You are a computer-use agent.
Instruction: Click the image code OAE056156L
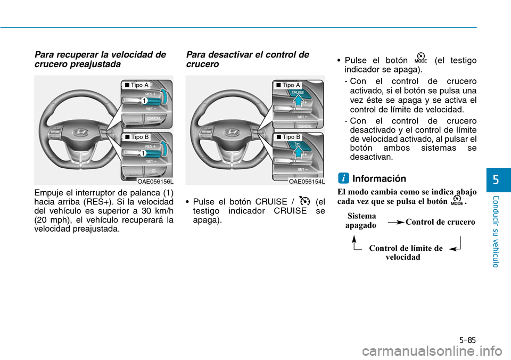pyautogui.click(x=155, y=182)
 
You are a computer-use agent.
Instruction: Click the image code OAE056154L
pyautogui.click(x=307, y=182)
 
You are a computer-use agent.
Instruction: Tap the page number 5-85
pyautogui.click(x=468, y=340)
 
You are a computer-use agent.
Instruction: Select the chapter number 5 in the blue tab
pyautogui.click(x=496, y=179)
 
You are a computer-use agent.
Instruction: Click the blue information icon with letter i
pyautogui.click(x=343, y=178)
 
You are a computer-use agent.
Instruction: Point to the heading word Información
pyautogui.click(x=379, y=178)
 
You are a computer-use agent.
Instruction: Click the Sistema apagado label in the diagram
pyautogui.click(x=361, y=220)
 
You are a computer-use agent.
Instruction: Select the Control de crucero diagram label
pyautogui.click(x=440, y=222)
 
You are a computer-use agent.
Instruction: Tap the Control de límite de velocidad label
pyautogui.click(x=406, y=253)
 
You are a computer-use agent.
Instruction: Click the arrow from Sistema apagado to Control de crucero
pyautogui.click(x=396, y=223)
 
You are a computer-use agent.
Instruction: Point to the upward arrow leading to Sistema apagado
pyautogui.click(x=355, y=243)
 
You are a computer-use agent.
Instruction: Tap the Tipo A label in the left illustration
pyautogui.click(x=137, y=85)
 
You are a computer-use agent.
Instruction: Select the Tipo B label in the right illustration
pyautogui.click(x=288, y=137)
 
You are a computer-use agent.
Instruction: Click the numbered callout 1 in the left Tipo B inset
pyautogui.click(x=143, y=153)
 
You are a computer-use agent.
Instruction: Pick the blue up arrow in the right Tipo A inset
pyautogui.click(x=298, y=101)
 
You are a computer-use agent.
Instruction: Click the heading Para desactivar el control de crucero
pyautogui.click(x=248, y=59)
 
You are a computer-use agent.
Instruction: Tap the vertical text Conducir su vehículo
pyautogui.click(x=496, y=232)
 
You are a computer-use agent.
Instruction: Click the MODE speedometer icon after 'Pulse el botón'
pyautogui.click(x=421, y=58)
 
